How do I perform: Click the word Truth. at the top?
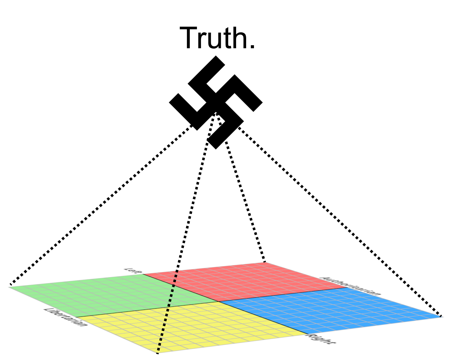coord(217,38)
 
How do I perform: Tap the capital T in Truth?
coord(190,38)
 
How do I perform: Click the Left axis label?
coord(132,270)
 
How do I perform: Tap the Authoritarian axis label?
coord(351,286)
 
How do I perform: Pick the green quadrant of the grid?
coord(106,295)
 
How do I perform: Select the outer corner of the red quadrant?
coord(266,263)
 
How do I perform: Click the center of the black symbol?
coord(216,102)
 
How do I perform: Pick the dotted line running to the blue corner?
coord(338,219)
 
